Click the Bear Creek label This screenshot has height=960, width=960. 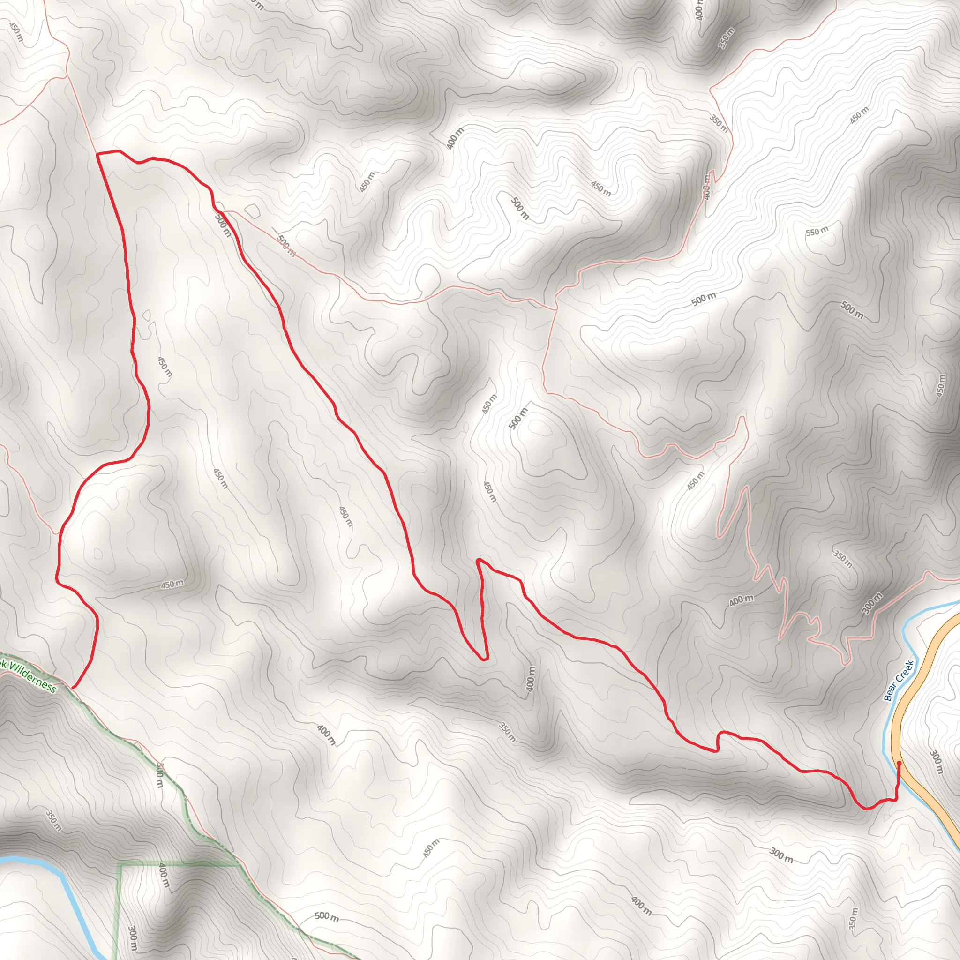pos(899,680)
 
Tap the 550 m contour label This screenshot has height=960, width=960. pos(817,231)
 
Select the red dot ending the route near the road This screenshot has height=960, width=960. pos(900,762)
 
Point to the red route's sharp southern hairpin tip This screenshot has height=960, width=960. pos(485,659)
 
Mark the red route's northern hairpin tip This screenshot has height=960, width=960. pos(478,560)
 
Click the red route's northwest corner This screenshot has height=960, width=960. pos(98,154)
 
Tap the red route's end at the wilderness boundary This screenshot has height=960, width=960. pos(73,688)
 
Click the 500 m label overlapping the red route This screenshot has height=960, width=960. pos(223,225)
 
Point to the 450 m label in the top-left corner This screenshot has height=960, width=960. pos(16,31)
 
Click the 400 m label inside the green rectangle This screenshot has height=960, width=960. pos(164,876)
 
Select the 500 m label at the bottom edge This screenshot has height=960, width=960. pos(326,916)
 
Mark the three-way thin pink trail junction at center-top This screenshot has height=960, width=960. pos(555,309)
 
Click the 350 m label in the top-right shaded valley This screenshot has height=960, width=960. pos(726,39)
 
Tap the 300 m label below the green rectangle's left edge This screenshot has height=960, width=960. pos(133,937)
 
